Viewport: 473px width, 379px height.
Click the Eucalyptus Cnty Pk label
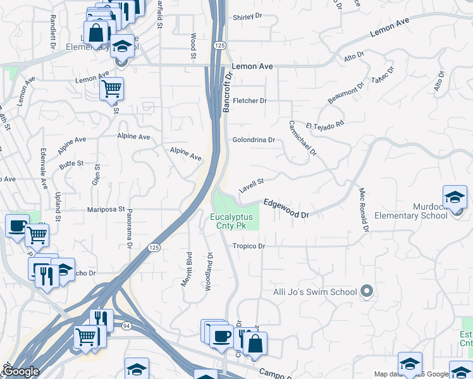[231, 222]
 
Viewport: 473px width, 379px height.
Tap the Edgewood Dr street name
[286, 209]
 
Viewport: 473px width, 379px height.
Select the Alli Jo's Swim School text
[315, 292]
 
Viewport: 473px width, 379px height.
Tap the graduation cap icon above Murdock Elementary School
[455, 197]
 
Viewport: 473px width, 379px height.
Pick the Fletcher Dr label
[250, 101]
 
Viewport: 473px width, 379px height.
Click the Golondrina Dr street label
[254, 140]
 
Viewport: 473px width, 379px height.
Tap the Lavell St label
[251, 186]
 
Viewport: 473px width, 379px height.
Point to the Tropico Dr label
[248, 246]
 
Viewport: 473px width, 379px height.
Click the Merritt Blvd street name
[187, 269]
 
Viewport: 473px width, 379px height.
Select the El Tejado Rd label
[325, 125]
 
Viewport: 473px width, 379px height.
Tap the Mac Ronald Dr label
[363, 209]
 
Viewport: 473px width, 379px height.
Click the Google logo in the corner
[21, 371]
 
